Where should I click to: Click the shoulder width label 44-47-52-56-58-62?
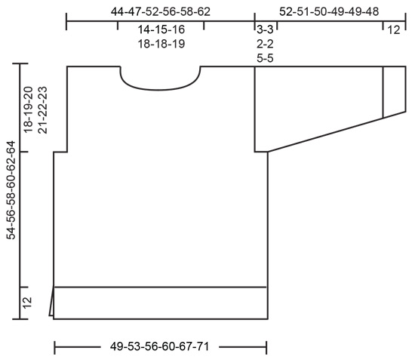tap(160, 11)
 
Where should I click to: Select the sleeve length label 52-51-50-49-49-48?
tap(328, 11)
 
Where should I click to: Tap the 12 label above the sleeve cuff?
tap(394, 30)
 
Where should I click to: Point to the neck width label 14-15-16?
tap(161, 30)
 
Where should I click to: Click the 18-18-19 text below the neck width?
tap(161, 44)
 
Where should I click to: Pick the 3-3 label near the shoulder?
tap(265, 30)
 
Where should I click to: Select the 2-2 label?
tap(265, 44)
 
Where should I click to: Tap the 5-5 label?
tap(265, 57)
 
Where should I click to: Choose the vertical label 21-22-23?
tap(42, 109)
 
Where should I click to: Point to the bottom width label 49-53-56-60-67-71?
tap(161, 348)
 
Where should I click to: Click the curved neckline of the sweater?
tap(160, 89)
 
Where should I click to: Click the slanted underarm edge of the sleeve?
tap(324, 134)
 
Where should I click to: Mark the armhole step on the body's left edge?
tap(60, 152)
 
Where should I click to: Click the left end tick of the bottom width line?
tap(55, 348)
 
